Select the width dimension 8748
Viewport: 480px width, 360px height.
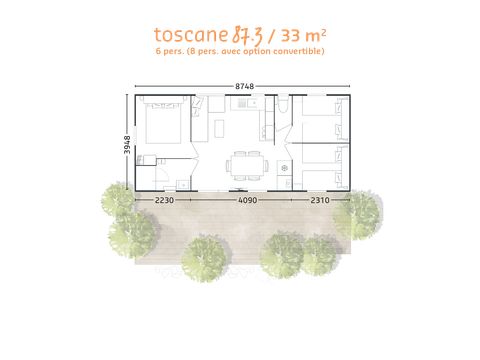point(243,87)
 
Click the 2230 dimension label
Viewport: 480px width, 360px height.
point(166,200)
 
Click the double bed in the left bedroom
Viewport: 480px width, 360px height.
point(158,127)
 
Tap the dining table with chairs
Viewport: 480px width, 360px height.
point(246,165)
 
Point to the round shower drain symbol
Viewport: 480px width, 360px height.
point(285,168)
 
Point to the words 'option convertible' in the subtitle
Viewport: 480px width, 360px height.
point(289,51)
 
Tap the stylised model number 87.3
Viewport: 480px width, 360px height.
point(246,33)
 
